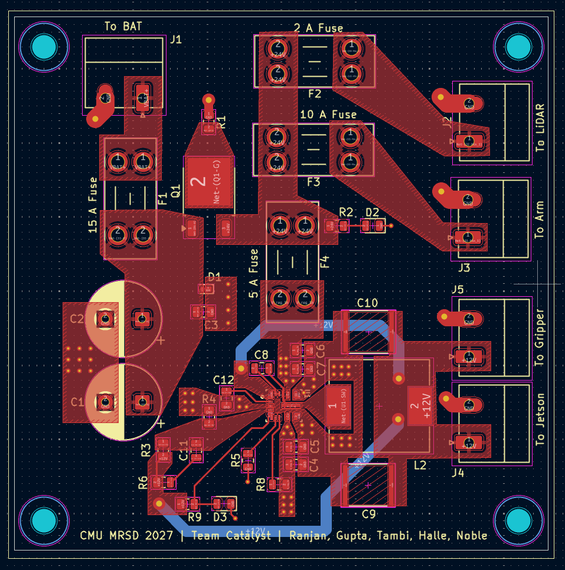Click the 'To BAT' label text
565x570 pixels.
(x=123, y=27)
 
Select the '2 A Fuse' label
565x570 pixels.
(x=318, y=28)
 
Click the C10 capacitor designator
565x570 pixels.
(x=367, y=303)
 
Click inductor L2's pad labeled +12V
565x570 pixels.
(x=421, y=405)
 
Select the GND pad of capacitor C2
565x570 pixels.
(x=106, y=319)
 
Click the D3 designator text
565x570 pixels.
(x=220, y=517)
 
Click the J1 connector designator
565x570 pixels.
(x=176, y=40)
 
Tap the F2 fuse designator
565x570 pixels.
(x=314, y=94)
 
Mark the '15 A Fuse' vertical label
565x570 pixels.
(x=93, y=205)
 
